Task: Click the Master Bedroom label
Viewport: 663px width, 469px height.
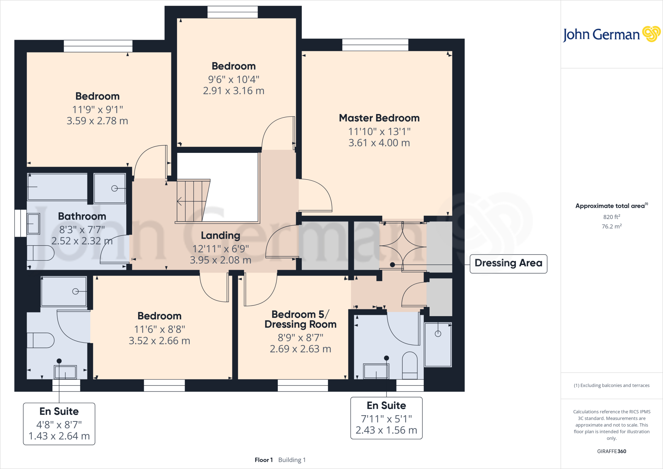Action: point(379,118)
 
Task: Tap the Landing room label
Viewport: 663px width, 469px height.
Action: point(220,235)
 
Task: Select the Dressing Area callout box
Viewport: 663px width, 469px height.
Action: point(508,263)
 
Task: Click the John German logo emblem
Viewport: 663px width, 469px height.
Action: point(651,34)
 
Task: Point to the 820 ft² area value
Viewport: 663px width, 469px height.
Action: point(612,217)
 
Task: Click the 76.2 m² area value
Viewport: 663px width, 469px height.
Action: point(612,226)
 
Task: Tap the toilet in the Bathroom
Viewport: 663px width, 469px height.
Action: point(40,253)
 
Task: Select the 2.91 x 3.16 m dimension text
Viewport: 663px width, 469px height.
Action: point(233,91)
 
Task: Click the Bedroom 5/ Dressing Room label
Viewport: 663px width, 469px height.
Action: point(300,319)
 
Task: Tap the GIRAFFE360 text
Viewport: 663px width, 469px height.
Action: point(612,451)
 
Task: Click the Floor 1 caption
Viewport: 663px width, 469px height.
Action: point(264,460)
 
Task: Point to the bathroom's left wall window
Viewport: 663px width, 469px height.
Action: point(20,223)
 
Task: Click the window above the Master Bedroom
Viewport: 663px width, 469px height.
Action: point(375,45)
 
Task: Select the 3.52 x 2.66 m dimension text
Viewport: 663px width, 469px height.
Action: point(159,341)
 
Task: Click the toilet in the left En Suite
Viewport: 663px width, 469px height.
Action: point(40,340)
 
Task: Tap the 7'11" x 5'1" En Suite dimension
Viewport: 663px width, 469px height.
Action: point(386,419)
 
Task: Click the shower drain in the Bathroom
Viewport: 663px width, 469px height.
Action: point(114,189)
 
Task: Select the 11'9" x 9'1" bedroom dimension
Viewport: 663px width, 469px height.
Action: point(97,110)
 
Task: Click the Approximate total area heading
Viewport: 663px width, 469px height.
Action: point(610,206)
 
